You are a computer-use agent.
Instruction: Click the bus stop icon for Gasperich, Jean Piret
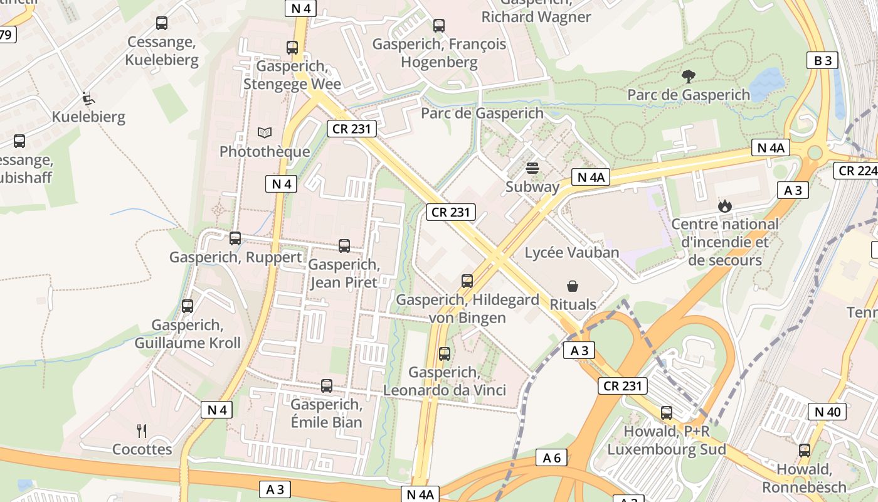(344, 246)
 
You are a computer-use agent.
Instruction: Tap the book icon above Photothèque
(265, 133)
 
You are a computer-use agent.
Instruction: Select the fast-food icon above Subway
(532, 168)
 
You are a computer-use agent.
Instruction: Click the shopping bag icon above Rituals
(573, 286)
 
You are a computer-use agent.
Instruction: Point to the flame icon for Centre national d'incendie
(724, 206)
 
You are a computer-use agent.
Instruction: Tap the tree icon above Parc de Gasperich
(689, 77)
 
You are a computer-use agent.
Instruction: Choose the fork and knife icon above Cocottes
(142, 431)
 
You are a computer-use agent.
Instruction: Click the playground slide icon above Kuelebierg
(88, 99)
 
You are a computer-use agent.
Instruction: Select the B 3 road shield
(822, 60)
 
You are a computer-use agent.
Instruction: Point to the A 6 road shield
(552, 458)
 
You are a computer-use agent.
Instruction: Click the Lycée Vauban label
(571, 253)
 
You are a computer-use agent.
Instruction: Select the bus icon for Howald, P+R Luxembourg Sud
(667, 413)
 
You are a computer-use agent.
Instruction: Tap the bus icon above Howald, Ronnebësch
(804, 451)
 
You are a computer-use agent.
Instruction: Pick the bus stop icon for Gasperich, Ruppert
(235, 238)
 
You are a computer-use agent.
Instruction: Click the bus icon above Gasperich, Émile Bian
(327, 386)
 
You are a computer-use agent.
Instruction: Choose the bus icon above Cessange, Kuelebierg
(162, 23)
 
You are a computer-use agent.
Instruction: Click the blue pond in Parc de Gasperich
(766, 84)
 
